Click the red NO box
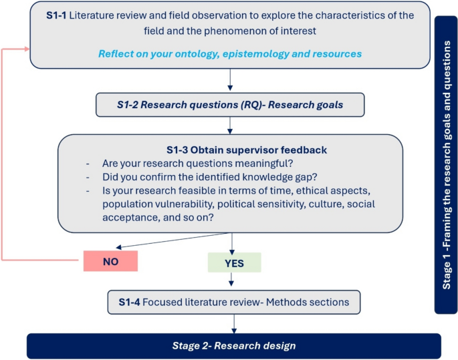[x=110, y=261]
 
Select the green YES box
[x=233, y=262]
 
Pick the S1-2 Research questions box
[x=230, y=104]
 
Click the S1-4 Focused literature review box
[x=233, y=302]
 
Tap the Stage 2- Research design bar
[x=233, y=346]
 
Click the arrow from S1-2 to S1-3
[x=230, y=124]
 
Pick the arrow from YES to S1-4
[x=232, y=281]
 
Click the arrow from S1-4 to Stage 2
[x=233, y=323]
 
